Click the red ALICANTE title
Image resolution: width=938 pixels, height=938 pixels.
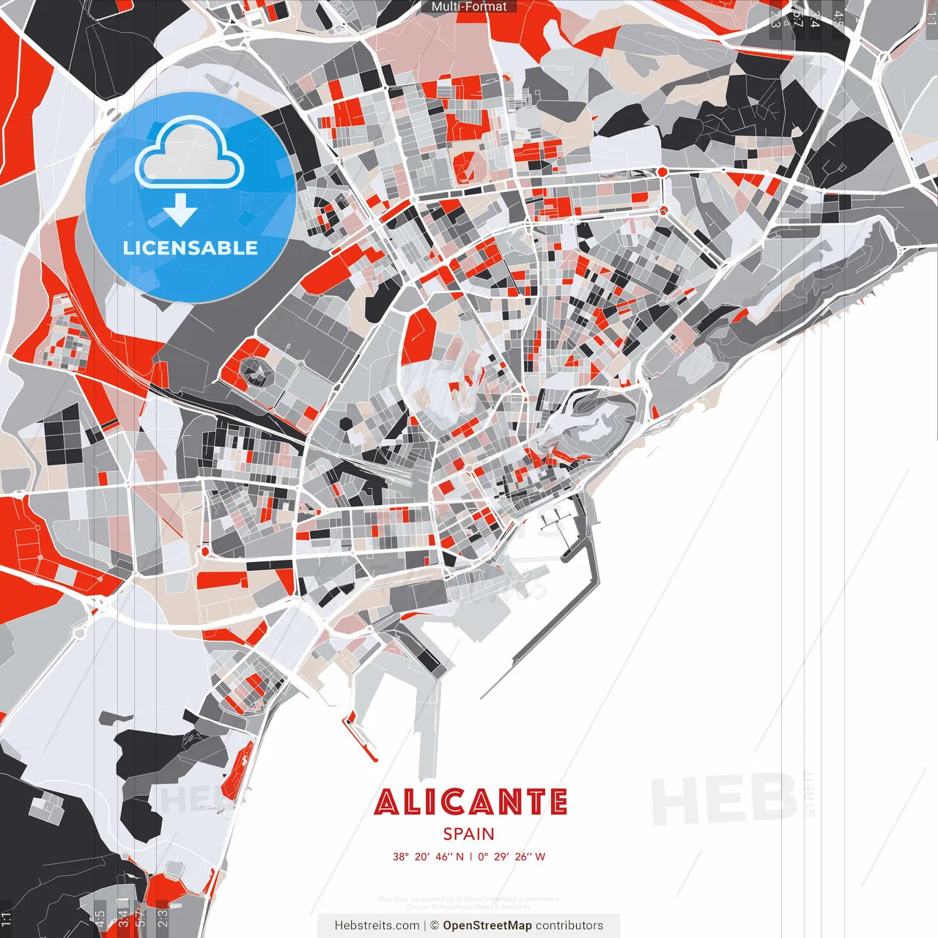pyautogui.click(x=470, y=802)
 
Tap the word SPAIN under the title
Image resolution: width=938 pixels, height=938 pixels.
pyautogui.click(x=468, y=834)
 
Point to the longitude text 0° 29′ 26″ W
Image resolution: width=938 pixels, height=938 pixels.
pyautogui.click(x=512, y=857)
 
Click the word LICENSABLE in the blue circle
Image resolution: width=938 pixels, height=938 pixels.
pyautogui.click(x=191, y=248)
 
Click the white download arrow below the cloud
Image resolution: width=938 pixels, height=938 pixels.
pyautogui.click(x=180, y=210)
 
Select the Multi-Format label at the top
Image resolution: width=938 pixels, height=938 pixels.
pyautogui.click(x=469, y=7)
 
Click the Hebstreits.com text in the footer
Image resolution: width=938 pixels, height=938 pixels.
pyautogui.click(x=377, y=926)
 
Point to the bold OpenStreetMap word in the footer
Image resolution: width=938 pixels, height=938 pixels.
pyautogui.click(x=487, y=926)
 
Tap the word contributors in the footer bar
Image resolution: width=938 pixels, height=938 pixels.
pyautogui.click(x=569, y=926)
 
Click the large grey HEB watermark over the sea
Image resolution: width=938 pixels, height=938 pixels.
pyautogui.click(x=724, y=799)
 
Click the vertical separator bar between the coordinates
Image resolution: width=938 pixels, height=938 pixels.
pyautogui.click(x=470, y=857)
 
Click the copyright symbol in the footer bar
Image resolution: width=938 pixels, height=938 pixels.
pyautogui.click(x=435, y=926)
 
